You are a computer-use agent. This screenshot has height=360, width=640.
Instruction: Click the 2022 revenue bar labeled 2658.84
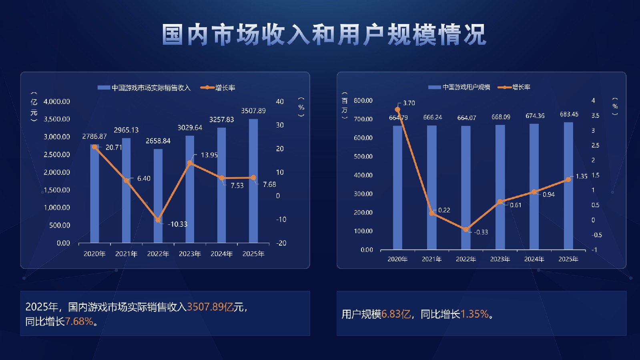point(158,196)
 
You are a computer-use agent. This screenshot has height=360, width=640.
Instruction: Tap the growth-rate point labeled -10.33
point(158,220)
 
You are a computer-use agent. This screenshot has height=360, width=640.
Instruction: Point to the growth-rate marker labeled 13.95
point(190,163)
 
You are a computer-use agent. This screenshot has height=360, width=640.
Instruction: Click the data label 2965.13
point(126,130)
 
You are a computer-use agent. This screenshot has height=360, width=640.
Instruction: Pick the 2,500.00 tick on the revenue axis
point(56,154)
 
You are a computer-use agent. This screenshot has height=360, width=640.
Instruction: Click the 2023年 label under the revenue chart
point(190,254)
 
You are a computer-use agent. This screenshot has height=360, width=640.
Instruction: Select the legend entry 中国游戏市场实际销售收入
point(150,88)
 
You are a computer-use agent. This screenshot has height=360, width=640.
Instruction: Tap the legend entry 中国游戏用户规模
point(466,87)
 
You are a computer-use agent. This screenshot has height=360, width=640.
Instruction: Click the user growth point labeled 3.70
point(397,109)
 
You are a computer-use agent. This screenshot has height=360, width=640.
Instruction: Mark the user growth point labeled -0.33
point(466,230)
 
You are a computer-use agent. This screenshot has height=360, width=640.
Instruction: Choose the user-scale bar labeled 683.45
point(568,186)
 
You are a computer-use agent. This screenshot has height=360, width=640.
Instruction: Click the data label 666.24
point(433,117)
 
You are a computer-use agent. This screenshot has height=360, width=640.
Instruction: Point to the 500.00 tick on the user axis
point(363,156)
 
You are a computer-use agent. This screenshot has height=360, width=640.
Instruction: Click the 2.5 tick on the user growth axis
point(595,145)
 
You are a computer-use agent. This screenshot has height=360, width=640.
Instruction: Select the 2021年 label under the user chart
point(431,259)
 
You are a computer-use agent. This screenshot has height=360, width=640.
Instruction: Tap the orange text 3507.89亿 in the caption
point(210,307)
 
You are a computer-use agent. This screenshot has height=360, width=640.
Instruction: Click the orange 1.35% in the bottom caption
point(475,314)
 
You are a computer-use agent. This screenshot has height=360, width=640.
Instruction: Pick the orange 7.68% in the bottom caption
point(79,321)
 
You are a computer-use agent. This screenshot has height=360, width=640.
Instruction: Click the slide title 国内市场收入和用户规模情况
point(324,35)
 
